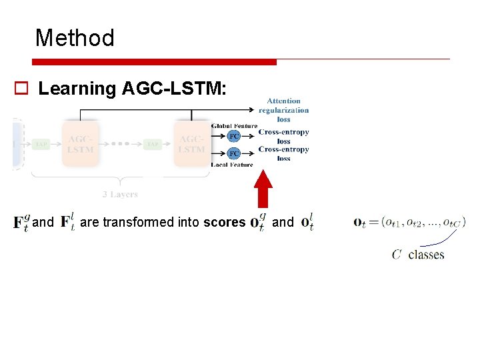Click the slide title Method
(x=75, y=37)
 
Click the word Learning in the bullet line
(x=77, y=89)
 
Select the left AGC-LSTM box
(x=80, y=144)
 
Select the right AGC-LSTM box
(x=191, y=144)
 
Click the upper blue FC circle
(x=234, y=136)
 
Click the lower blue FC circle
(x=234, y=153)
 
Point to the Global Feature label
(x=234, y=126)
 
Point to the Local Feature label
(x=232, y=164)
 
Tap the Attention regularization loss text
(x=283, y=110)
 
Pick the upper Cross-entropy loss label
(x=283, y=137)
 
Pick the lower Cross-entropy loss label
(x=283, y=154)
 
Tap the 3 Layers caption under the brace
(x=120, y=195)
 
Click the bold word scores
(x=224, y=222)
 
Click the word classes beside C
(x=426, y=255)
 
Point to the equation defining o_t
(x=409, y=222)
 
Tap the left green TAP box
(x=41, y=144)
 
